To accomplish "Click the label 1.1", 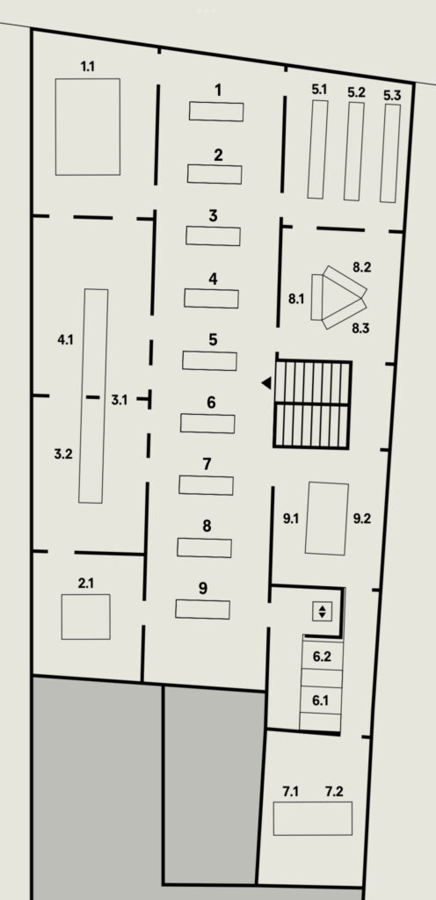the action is click(88, 67).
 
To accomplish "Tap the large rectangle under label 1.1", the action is click(88, 127).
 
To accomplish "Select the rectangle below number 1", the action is click(216, 112).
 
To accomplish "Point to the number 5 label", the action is click(213, 339).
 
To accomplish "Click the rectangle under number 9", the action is click(202, 609).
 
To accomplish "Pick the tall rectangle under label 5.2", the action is click(354, 151).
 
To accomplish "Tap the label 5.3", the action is click(392, 95).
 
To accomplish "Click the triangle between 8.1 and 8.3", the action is click(342, 297).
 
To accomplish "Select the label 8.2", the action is click(362, 267).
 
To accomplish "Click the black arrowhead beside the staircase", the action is click(266, 383).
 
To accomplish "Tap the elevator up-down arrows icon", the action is click(323, 612).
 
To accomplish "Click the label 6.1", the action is click(320, 700).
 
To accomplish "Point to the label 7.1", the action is click(291, 792).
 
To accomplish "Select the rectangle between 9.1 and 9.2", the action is click(327, 519).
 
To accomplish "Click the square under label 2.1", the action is click(86, 617).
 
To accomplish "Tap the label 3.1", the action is click(120, 400).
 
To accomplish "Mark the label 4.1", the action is click(65, 340).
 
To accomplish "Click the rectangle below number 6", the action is click(207, 424).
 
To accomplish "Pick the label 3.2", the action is click(63, 454).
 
